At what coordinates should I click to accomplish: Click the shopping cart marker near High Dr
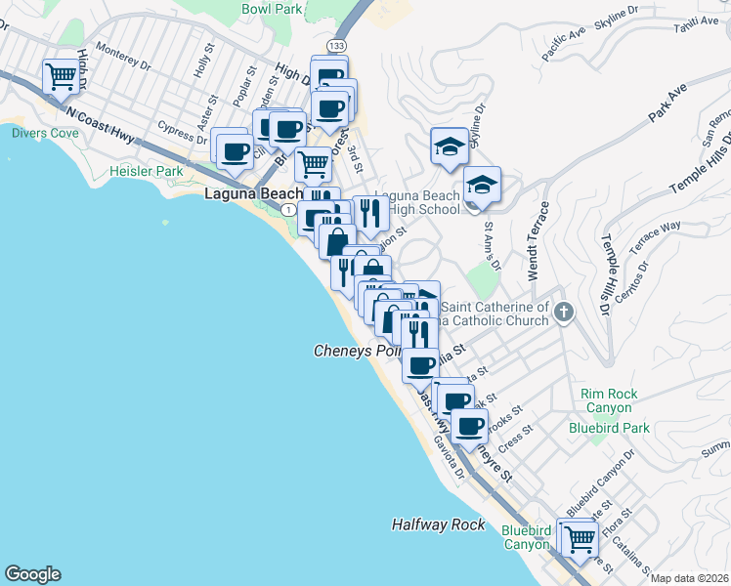61,76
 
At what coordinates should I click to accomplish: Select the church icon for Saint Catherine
563,312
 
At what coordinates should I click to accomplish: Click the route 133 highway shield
336,46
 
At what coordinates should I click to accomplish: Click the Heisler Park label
147,172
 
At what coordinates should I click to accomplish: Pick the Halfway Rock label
438,524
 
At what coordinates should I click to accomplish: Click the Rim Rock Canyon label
609,401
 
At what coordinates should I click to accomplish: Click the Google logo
32,573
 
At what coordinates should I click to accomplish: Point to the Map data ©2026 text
689,578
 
